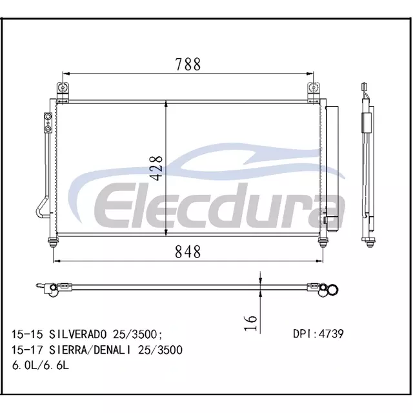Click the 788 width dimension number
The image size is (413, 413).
[x=188, y=65]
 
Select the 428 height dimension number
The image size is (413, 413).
[x=157, y=168]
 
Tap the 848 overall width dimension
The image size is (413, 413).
[x=188, y=252]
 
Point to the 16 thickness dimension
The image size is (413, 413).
[x=250, y=323]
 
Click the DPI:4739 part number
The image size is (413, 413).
[x=318, y=334]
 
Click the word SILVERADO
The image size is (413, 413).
[x=77, y=334]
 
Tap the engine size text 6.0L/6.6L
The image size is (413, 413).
[x=40, y=365]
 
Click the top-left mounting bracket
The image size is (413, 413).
[x=63, y=92]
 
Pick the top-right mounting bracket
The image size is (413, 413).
[x=314, y=92]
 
